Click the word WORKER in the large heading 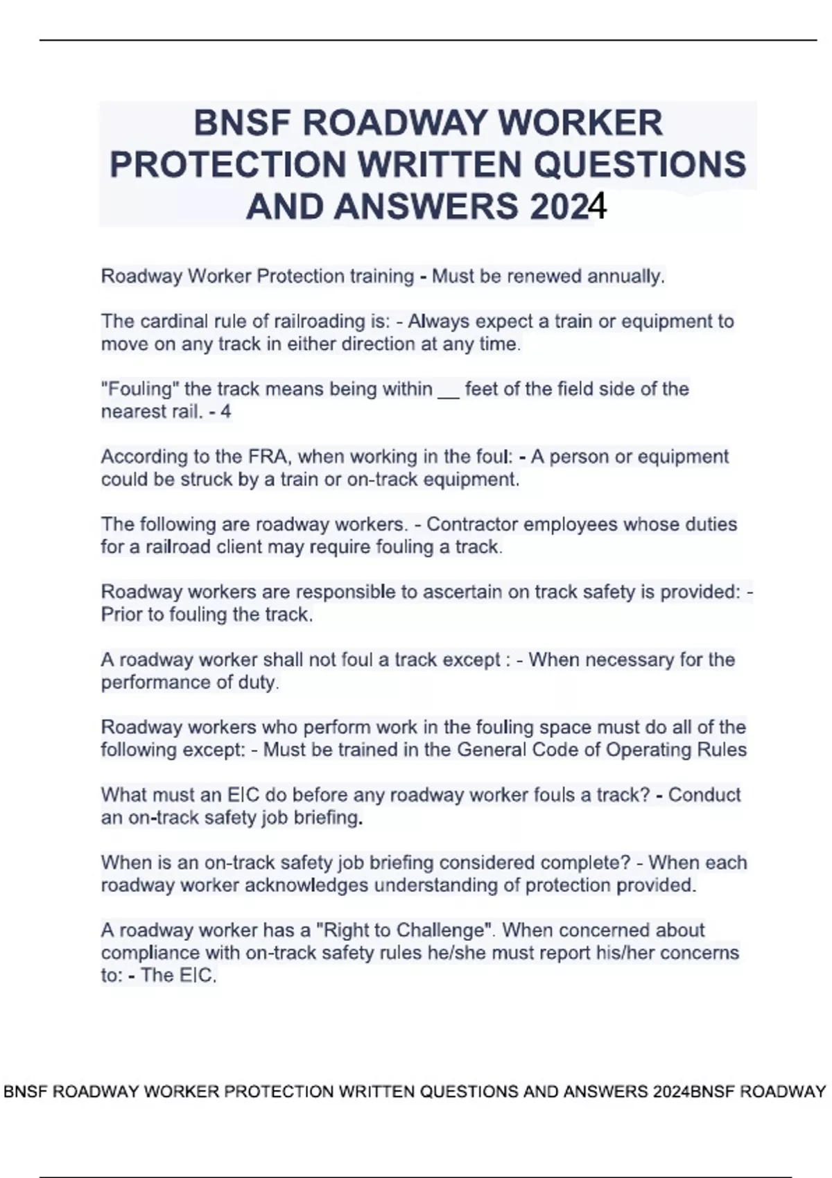pyautogui.click(x=580, y=123)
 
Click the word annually pyautogui.click(x=626, y=276)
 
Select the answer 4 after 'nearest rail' pyautogui.click(x=225, y=412)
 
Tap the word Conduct pyautogui.click(x=704, y=795)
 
